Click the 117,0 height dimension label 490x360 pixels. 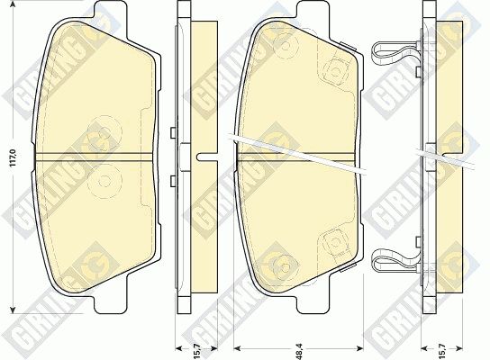point(14,157)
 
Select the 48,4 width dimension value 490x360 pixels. point(299,351)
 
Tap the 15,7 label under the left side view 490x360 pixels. point(196,351)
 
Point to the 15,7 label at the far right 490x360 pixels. point(442,351)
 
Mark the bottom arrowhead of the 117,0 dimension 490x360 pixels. point(13,310)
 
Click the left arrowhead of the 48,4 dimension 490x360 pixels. point(238,347)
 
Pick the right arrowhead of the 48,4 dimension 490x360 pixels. point(359,347)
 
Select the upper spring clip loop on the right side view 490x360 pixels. point(395,53)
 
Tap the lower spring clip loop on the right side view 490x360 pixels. point(395,260)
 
